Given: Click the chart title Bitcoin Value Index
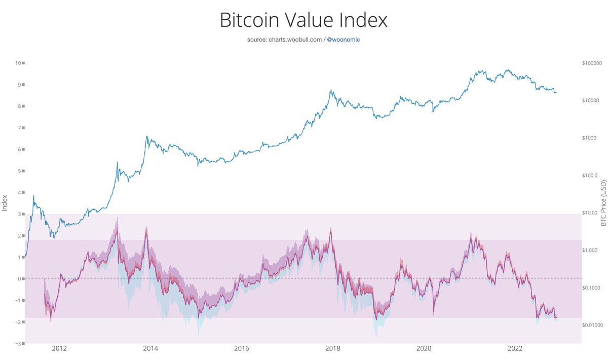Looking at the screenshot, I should coord(303,20).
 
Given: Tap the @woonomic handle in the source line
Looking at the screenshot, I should coord(344,39).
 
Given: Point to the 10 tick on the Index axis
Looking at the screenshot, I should coord(19,63).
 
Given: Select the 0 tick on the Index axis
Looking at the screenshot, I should coord(20,279).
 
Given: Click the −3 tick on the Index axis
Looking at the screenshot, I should coord(18,344).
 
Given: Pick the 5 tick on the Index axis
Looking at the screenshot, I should coord(20,171).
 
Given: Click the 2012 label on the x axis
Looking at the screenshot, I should coord(59,348).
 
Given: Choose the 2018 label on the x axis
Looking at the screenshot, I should coord(332,348).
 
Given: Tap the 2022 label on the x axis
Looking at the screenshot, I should coord(515,348).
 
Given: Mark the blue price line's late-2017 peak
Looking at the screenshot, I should coord(331,90).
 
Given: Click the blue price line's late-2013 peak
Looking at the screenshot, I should coord(147,136).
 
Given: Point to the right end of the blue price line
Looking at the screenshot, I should coord(556,92).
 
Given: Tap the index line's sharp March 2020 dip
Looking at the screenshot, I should coord(434,314).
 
